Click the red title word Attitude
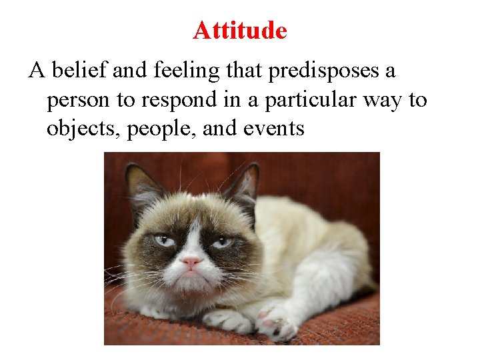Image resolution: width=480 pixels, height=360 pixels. click(x=240, y=30)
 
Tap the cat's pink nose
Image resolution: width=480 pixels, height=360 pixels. click(x=191, y=262)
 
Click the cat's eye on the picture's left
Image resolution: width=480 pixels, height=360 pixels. click(x=163, y=241)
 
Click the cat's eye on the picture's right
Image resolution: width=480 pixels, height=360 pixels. click(x=222, y=241)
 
